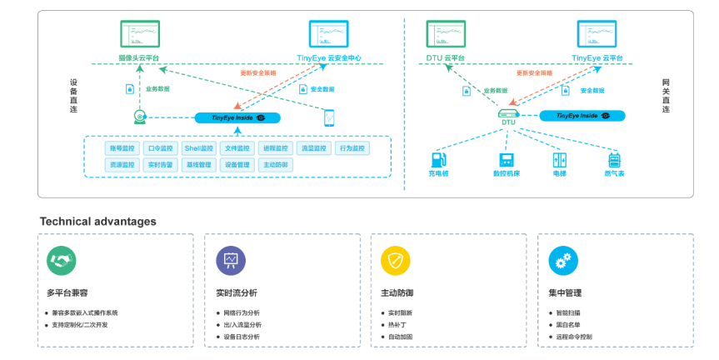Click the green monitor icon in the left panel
click(140, 34)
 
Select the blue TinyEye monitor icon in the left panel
click(328, 34)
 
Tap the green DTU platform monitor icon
click(446, 34)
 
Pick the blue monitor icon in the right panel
click(597, 34)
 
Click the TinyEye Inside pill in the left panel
click(237, 118)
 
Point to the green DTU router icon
click(508, 113)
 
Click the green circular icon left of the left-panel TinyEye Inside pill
click(140, 117)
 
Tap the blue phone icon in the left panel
click(329, 117)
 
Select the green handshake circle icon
click(61, 261)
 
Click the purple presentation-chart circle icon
click(231, 261)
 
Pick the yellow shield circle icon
click(396, 261)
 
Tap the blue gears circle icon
click(563, 261)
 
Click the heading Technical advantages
click(97, 222)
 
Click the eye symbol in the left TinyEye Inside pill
click(261, 118)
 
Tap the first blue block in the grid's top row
click(122, 148)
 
